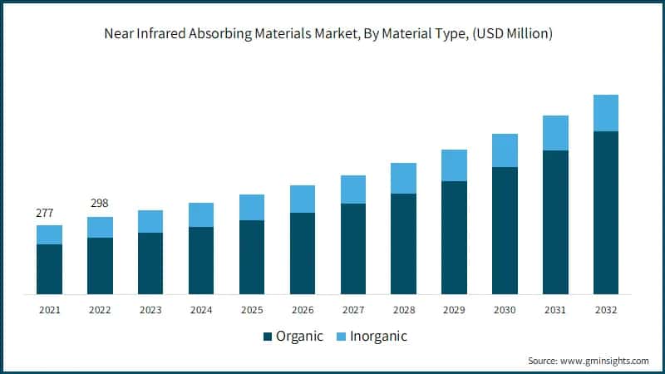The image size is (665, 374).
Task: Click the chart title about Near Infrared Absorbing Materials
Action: coord(332,34)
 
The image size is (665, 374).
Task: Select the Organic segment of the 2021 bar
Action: coord(49,269)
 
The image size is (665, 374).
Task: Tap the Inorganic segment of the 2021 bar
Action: coord(49,234)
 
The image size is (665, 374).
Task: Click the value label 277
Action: coord(45,214)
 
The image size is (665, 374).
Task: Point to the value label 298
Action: coord(99,204)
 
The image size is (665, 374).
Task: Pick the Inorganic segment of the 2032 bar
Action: coord(606,113)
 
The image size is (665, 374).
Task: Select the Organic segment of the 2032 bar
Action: coord(606,213)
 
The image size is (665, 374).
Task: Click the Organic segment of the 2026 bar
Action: coord(303,253)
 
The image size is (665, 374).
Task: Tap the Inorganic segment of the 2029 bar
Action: coord(454,165)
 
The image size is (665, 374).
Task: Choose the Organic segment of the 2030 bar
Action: coord(505,231)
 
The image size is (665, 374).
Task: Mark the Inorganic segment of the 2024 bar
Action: coord(201,214)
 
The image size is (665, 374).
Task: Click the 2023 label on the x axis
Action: coord(150,309)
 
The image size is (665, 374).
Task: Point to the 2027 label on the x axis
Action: coord(353,309)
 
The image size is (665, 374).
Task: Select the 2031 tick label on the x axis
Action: coord(555,309)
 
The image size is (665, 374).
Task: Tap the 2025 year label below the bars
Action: coord(252,309)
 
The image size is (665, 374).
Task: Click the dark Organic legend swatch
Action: coord(268,337)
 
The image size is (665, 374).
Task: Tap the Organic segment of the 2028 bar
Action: coord(403,244)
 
